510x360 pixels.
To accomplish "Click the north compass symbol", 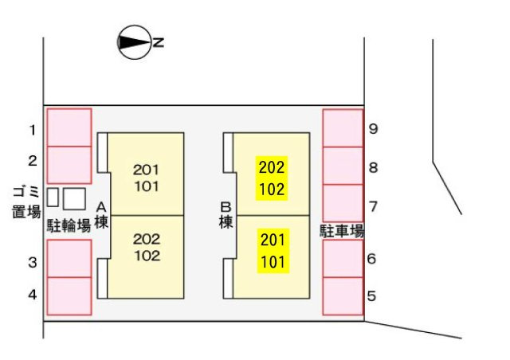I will pos(134,43).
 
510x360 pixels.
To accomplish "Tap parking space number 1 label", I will pos(33,130).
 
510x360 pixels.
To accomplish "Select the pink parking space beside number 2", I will pos(69,164).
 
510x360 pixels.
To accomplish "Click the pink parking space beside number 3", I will pos(69,258).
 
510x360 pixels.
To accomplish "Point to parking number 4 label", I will pos(33,294).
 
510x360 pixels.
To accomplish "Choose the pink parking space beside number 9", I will pos(343,127).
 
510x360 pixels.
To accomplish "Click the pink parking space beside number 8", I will pos(343,165).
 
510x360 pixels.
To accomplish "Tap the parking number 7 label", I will pos(373,206).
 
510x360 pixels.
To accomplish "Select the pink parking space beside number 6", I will pos(343,259).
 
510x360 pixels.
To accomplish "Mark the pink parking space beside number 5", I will pos(343,295).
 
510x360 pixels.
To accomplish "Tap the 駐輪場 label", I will pos(69,225).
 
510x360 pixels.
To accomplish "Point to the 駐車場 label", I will pos(343,232).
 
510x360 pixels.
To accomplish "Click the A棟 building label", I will pos(101,215).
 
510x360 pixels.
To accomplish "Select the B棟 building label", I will pos(226,215).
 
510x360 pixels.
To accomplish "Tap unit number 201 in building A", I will pos(146,169).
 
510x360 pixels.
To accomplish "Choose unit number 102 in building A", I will pos(146,256).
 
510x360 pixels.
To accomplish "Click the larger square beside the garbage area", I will pos(74,198).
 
